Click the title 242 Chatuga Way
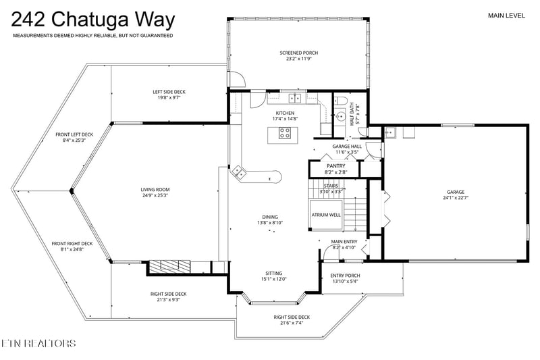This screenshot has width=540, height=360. point(93,20)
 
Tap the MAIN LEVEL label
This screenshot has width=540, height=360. point(506,15)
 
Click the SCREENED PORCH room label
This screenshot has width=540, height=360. point(298,53)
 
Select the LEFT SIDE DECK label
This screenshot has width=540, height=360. point(169,92)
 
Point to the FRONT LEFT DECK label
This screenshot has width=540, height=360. point(74,134)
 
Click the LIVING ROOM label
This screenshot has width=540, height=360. point(155,190)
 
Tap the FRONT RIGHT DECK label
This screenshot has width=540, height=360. point(72,244)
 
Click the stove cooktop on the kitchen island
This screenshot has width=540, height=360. point(284,133)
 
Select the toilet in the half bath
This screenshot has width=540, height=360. point(342,101)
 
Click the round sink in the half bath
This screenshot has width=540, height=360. point(341,116)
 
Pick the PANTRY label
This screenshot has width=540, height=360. point(335,166)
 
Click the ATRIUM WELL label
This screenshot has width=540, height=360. point(326,215)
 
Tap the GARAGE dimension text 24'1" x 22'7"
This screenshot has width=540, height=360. point(456,198)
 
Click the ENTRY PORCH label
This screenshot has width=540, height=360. point(345,276)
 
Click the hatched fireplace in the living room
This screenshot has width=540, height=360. point(171,266)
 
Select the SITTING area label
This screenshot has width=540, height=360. point(274,273)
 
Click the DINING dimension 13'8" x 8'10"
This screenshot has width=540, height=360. point(270,223)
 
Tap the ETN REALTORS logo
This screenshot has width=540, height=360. point(38,343)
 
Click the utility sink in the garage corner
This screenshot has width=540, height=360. point(391,132)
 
